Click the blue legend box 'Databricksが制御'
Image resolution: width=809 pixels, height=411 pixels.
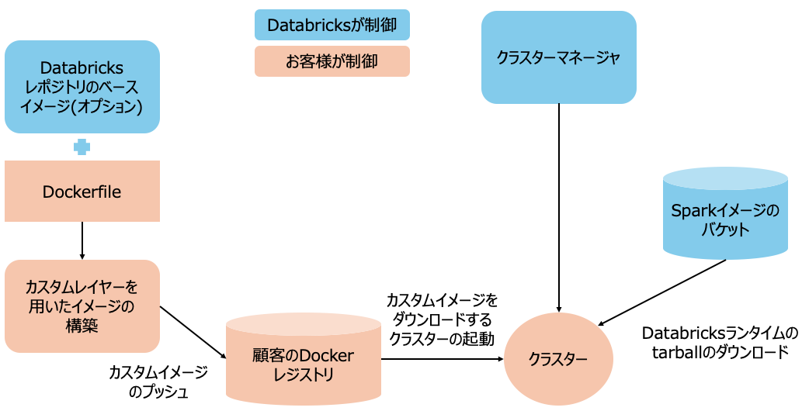tap(332, 25)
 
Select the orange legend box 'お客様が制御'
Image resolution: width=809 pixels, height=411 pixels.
tap(332, 61)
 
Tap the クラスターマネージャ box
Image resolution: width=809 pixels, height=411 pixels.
tap(559, 57)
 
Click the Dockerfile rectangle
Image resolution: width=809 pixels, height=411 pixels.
tap(82, 192)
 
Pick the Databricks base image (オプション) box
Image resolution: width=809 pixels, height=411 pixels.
tap(82, 87)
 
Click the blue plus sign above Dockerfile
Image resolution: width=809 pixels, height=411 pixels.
tap(82, 147)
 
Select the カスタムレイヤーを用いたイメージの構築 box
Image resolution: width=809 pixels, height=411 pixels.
tap(82, 306)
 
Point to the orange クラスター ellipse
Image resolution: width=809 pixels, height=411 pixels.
tap(559, 359)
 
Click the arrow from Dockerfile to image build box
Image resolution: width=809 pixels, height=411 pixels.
tap(82, 240)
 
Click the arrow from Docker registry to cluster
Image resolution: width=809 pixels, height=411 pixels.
tap(443, 359)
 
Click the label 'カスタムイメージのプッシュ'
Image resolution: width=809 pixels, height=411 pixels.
tap(158, 382)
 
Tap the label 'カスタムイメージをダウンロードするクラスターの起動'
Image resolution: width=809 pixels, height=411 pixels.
tap(442, 319)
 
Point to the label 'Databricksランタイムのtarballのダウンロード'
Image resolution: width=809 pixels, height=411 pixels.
tap(720, 342)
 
